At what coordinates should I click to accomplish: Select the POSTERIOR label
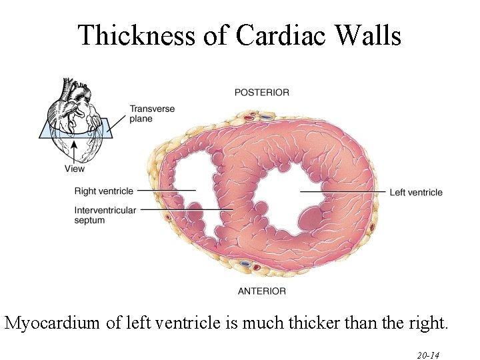tap(262, 93)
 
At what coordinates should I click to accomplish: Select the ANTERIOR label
tap(262, 291)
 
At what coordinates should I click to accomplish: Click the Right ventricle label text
tap(104, 191)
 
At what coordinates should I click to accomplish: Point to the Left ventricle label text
tap(416, 193)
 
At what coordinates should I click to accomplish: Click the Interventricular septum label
tap(105, 215)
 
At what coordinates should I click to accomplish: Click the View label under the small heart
tap(75, 169)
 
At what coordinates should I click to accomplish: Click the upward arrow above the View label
tap(74, 149)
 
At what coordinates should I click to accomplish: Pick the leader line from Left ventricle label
tap(343, 192)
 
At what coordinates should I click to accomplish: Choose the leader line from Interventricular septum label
tap(187, 210)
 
